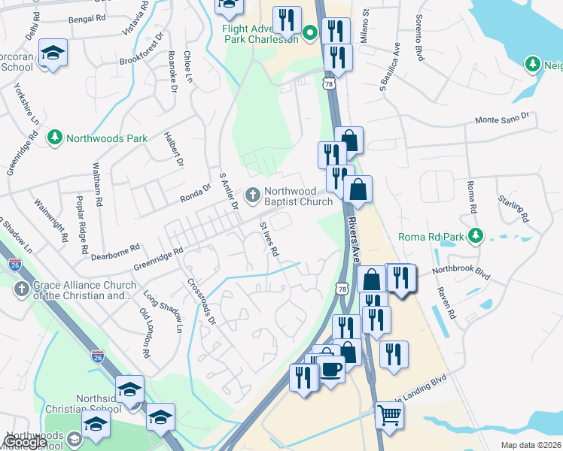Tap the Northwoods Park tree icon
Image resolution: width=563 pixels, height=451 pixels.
click(55, 138)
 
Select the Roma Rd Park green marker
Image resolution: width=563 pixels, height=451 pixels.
click(475, 236)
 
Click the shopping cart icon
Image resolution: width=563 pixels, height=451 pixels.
click(389, 414)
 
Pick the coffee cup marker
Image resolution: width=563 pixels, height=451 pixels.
click(330, 368)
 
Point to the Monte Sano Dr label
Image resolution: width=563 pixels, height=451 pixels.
click(502, 120)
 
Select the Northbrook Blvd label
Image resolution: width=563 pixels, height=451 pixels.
click(461, 271)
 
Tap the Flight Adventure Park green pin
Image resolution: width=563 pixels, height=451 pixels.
click(310, 32)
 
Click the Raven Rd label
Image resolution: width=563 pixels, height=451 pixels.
click(444, 301)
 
